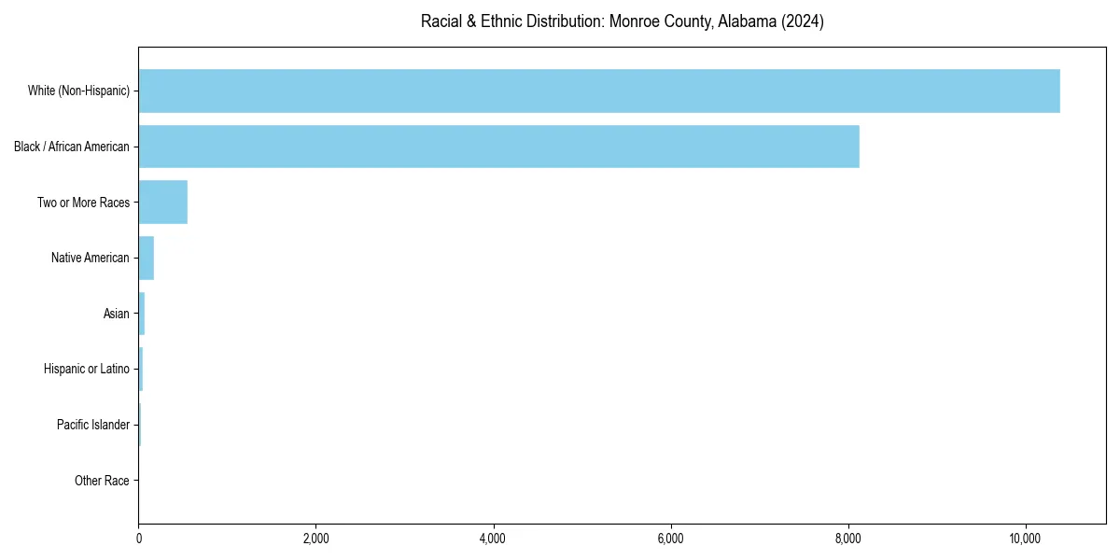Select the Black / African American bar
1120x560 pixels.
coord(498,147)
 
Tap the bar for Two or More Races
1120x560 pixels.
coord(162,203)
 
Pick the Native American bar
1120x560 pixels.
coord(146,258)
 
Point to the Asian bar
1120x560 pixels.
coord(142,314)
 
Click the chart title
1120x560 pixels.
coord(622,21)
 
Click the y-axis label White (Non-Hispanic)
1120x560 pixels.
coord(78,91)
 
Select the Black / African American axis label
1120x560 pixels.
coord(72,147)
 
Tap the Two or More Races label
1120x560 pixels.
coord(83,203)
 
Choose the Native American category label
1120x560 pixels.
coord(91,258)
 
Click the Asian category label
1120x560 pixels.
coord(116,314)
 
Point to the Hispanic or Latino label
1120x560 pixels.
coord(86,370)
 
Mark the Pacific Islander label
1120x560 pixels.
coord(92,425)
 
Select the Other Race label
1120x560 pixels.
coord(102,481)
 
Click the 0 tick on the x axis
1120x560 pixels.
coord(139,539)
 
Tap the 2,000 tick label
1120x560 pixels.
coord(315,539)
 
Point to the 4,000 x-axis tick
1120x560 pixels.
coord(493,539)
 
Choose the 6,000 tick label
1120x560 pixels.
coord(670,539)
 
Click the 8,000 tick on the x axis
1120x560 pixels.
coord(847,539)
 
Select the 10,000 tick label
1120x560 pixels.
coord(1025,539)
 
